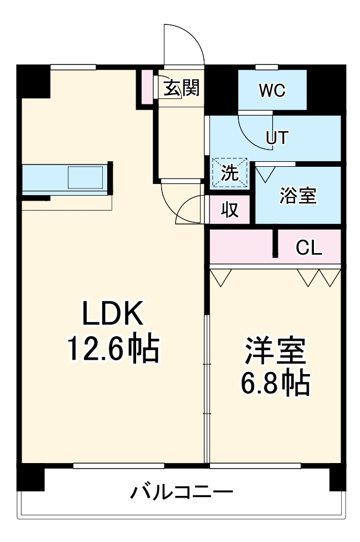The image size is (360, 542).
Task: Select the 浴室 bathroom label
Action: [x=298, y=196]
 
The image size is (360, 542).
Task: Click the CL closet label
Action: [x=308, y=248]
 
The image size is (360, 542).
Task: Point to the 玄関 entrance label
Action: [x=182, y=87]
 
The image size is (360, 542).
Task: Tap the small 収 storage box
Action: [x=230, y=211]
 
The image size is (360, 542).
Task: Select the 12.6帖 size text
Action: [x=113, y=349]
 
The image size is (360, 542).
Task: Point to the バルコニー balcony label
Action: [x=182, y=493]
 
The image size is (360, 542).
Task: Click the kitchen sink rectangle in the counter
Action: [x=86, y=178]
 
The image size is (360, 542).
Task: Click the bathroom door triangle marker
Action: [x=263, y=173]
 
